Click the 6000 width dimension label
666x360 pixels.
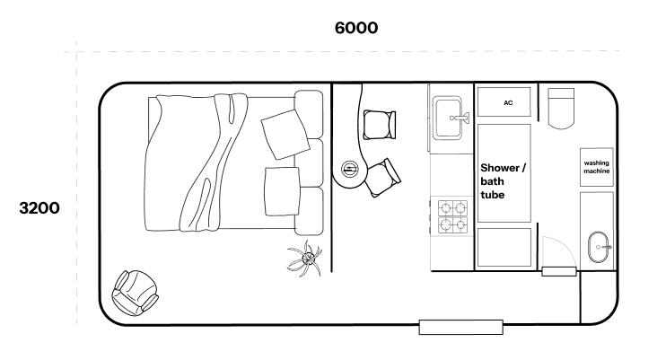pos(356,28)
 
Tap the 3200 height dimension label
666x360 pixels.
pos(39,208)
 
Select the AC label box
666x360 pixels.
pos(504,102)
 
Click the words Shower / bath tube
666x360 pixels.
pos(503,181)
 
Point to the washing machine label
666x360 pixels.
pos(596,167)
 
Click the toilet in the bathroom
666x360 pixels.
pos(561,109)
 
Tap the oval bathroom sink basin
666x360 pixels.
pos(599,247)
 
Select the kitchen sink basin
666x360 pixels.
pos(448,119)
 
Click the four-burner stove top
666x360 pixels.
pos(452,216)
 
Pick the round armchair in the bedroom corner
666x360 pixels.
pos(135,293)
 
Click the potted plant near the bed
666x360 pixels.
pos(305,259)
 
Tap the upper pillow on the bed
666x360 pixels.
pos(285,134)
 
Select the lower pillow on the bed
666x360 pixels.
pos(282,191)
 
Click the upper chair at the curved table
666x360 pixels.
pos(380,125)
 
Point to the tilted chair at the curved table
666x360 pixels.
pos(382,177)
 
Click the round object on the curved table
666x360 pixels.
pos(349,170)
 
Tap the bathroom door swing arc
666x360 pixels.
pos(565,247)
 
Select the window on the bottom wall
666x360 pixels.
pos(460,328)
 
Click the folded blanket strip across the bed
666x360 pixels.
pos(214,162)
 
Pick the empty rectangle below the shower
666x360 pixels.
pos(504,248)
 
